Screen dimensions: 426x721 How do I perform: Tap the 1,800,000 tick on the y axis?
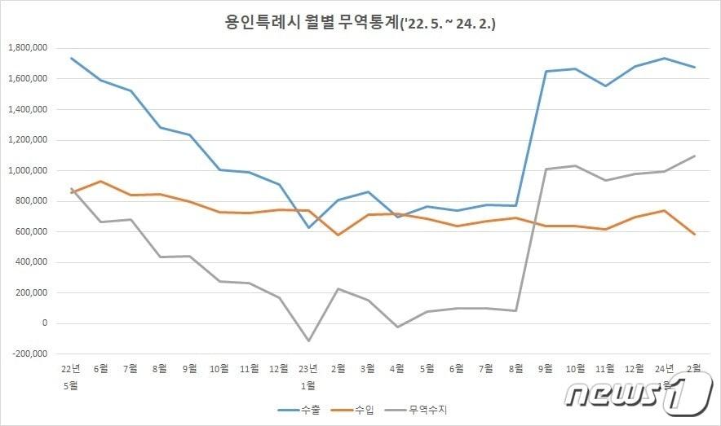pos(28,48)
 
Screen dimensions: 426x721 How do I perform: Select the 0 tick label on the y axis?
pos(46,323)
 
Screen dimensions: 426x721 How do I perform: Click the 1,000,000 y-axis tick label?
pos(28,170)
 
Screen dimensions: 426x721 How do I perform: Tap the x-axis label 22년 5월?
pos(72,375)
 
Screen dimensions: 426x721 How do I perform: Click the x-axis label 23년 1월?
pos(308,375)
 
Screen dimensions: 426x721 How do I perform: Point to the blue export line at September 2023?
pos(546,72)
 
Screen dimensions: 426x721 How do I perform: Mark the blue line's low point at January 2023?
pos(308,227)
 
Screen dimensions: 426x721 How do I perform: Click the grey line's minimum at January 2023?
pos(308,340)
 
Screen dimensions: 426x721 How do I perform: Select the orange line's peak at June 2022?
pos(101,181)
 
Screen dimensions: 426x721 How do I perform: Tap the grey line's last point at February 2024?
pos(694,156)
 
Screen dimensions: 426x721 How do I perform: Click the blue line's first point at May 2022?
pos(72,58)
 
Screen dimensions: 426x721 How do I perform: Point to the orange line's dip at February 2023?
pos(338,235)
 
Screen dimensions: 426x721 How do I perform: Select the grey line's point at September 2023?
pos(546,169)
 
